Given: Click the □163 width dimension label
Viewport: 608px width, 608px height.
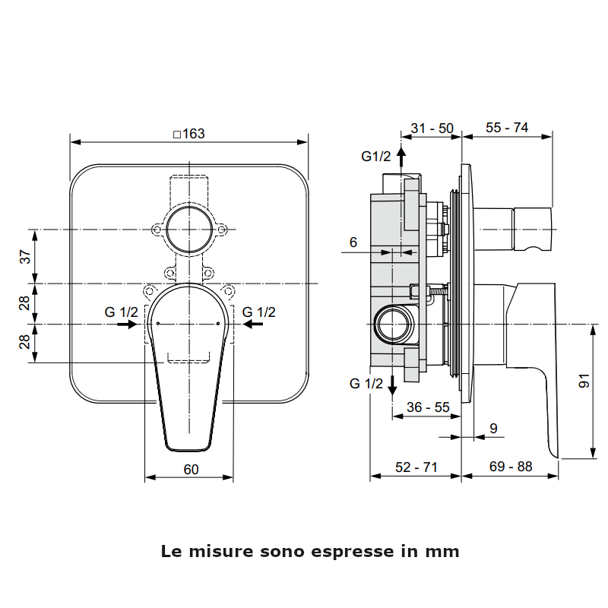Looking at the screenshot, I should [188, 134].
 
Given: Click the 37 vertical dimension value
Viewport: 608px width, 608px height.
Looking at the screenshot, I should [25, 257].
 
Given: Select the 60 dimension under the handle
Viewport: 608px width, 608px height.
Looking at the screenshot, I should [190, 470].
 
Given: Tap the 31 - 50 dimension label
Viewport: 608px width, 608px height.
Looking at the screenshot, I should [432, 128].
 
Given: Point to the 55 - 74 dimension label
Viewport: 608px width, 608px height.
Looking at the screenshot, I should [507, 128].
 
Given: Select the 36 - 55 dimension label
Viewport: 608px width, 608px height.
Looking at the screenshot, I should [428, 407].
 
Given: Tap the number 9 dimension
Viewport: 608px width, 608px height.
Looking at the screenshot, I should [493, 429].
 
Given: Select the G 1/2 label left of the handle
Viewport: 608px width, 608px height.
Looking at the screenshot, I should [122, 312].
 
